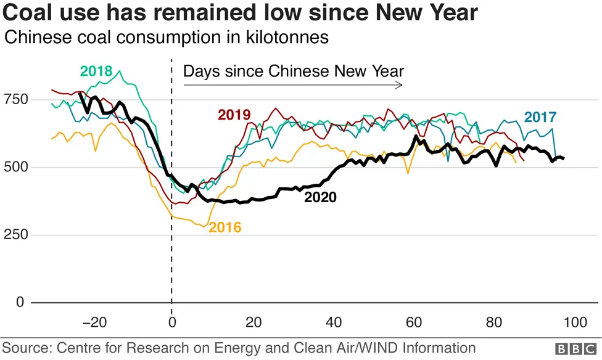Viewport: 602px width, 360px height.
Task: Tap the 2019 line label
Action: [x=234, y=115]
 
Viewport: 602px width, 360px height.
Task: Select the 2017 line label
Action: [x=540, y=117]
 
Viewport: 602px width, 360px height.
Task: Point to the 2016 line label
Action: [x=225, y=227]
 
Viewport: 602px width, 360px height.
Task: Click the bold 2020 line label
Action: [x=320, y=198]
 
